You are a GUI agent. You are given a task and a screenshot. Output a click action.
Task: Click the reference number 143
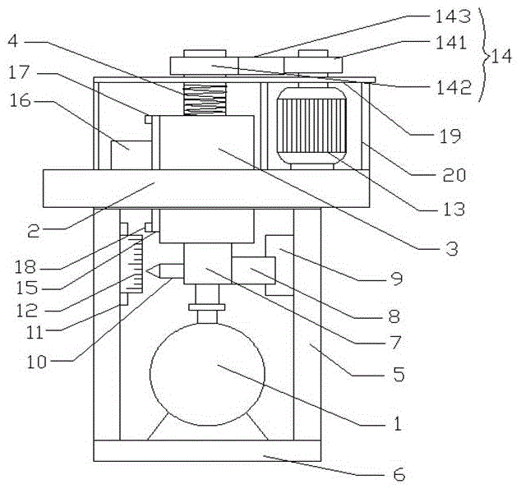455,15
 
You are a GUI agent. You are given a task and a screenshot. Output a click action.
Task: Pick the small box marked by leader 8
251,270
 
